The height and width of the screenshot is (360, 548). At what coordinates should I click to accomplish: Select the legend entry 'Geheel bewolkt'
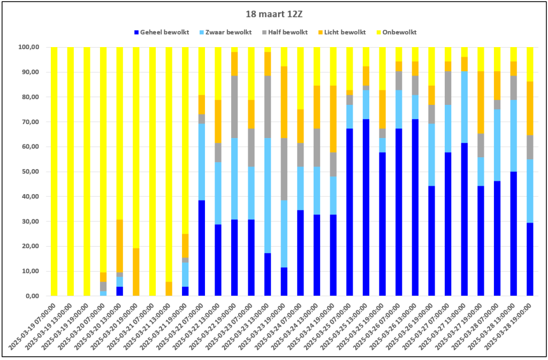click(162, 32)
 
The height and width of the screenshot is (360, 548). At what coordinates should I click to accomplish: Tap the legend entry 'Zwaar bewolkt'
click(225, 32)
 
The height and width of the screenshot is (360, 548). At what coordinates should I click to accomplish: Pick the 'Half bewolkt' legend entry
click(285, 32)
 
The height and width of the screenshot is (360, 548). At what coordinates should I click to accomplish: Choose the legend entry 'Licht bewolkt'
click(342, 32)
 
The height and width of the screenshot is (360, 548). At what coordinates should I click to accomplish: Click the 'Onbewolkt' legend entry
click(397, 32)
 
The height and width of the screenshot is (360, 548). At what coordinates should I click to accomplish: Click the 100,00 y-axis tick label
click(29, 47)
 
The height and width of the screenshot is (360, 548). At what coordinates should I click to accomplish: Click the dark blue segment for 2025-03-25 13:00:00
click(366, 208)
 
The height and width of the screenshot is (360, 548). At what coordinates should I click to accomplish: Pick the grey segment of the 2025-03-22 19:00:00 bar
click(234, 107)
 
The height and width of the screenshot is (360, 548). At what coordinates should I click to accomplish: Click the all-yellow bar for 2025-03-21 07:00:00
click(153, 172)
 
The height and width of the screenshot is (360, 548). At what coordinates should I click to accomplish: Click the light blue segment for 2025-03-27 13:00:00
click(464, 107)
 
